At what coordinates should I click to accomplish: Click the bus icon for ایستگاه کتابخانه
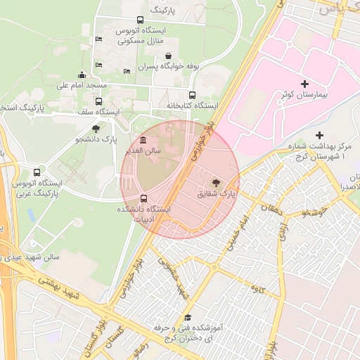[192, 95]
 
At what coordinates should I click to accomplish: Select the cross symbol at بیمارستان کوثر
[304, 84]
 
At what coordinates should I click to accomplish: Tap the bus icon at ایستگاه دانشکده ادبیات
[144, 198]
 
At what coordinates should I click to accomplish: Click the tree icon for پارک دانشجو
[96, 129]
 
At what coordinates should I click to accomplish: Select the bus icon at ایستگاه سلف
[98, 101]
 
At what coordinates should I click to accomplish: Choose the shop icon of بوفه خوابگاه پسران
[168, 56]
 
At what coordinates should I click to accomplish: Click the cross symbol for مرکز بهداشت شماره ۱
[320, 134]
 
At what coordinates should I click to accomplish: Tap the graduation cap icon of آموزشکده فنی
[186, 316]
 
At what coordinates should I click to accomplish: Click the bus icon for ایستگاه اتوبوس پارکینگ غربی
[37, 172]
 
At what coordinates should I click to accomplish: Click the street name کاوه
[257, 288]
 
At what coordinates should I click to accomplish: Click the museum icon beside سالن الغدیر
[143, 139]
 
